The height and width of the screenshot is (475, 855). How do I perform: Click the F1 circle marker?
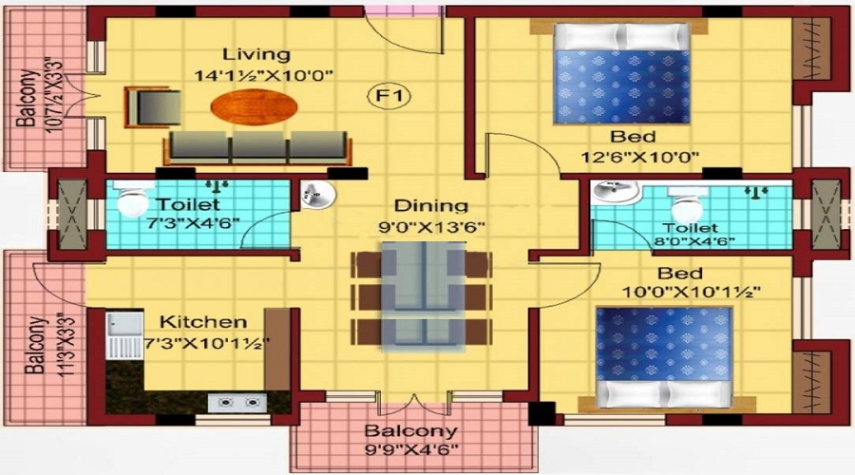pos(389,96)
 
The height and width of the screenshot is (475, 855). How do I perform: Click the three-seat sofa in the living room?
pos(257,148)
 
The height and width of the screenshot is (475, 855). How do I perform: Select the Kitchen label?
pos(202,322)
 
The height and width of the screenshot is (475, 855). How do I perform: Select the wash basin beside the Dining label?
pos(317,195)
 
